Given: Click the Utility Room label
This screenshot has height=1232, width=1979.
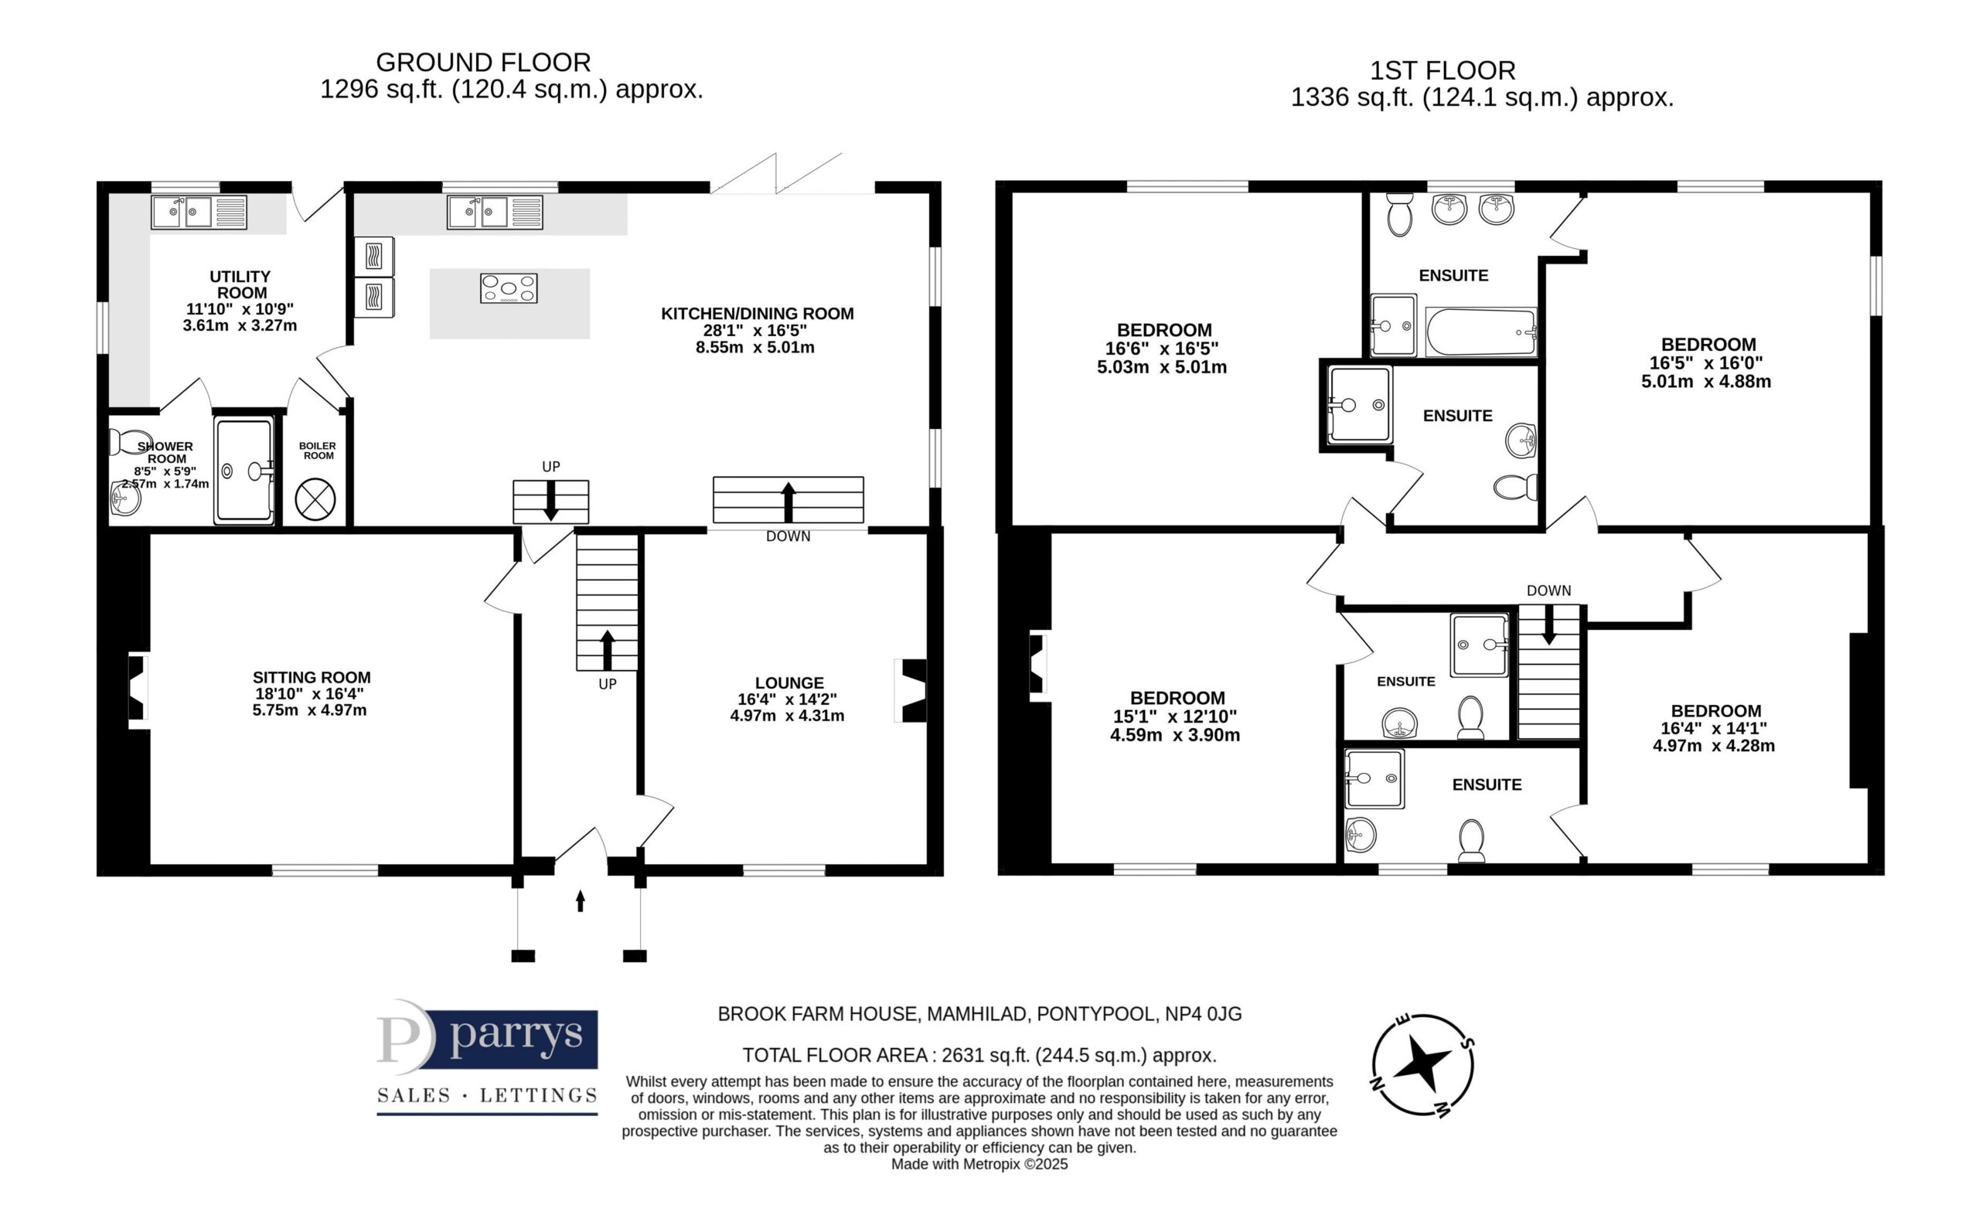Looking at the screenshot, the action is tap(240, 284).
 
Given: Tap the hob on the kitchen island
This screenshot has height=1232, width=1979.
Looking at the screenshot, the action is tap(509, 288).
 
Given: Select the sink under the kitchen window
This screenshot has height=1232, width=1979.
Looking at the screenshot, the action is tap(495, 213).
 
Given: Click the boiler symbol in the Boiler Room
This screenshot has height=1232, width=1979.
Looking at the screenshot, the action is tap(315, 499).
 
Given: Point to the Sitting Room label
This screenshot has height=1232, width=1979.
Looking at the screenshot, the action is tap(312, 677).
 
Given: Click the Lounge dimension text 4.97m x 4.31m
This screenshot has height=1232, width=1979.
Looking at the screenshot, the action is tap(787, 716).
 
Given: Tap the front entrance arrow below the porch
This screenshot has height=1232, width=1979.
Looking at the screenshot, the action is tap(580, 900).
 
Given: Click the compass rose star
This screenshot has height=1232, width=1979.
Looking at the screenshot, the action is tap(1422, 1064).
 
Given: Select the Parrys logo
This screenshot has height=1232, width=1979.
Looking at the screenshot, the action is tap(487, 1056).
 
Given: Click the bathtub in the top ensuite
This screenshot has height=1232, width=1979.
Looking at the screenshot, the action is tap(1481, 332).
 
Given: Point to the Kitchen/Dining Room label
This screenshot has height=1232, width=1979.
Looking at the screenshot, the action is tap(757, 314).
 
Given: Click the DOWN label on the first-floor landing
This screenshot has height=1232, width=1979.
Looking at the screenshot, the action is tap(1548, 590).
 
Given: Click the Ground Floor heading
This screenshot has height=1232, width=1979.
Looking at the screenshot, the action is tap(483, 62).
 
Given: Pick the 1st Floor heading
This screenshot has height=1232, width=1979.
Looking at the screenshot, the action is tap(1442, 71).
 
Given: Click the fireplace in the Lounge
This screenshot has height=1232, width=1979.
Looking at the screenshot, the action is tap(911, 691).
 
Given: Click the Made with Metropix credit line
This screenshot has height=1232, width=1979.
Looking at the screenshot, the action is tap(979, 1164).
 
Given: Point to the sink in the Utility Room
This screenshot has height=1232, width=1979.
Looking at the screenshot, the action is tap(199, 213).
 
